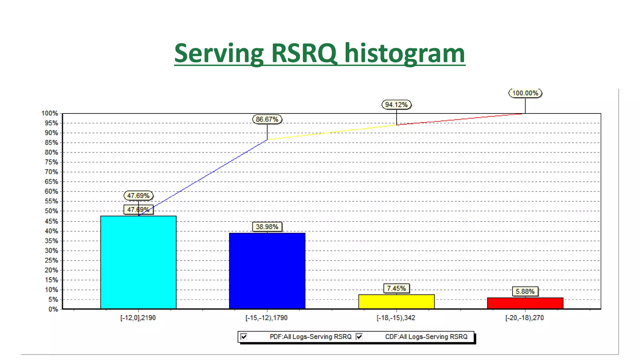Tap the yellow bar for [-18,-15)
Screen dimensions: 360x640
click(396, 302)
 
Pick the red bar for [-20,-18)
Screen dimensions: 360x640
click(525, 303)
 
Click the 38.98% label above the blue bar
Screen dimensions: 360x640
click(267, 227)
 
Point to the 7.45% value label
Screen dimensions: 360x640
click(396, 288)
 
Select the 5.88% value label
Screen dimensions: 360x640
click(525, 292)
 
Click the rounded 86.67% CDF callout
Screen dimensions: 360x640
click(267, 119)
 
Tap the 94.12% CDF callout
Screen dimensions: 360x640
click(396, 105)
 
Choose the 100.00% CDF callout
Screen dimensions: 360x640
click(525, 93)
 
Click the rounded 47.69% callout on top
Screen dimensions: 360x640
click(138, 196)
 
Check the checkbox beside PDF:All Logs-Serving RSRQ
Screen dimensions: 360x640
click(244, 337)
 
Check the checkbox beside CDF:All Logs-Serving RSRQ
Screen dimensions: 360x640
click(359, 337)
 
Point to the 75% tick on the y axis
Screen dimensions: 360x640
click(51, 162)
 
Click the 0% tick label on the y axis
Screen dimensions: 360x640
click(53, 309)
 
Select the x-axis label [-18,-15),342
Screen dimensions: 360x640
click(396, 318)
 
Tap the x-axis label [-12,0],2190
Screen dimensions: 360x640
click(138, 318)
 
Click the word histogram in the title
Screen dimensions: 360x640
click(405, 53)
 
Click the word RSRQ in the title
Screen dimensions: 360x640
click(304, 53)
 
